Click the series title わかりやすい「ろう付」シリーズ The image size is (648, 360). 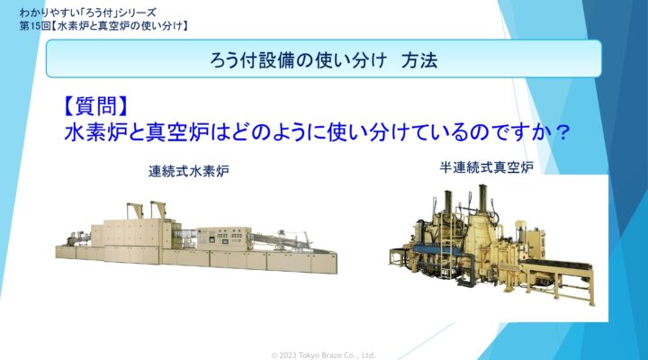(87, 13)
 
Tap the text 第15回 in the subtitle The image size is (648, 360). (35, 26)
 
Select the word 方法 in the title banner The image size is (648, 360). (419, 60)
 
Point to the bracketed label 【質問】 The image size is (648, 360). (96, 106)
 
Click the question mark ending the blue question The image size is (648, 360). (562, 133)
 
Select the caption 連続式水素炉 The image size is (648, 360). (189, 171)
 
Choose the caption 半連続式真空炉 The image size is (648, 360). (486, 167)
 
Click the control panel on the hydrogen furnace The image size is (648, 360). (223, 238)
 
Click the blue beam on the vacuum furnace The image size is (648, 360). (436, 249)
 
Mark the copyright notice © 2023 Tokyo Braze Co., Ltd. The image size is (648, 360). (324, 355)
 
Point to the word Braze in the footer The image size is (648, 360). (329, 355)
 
